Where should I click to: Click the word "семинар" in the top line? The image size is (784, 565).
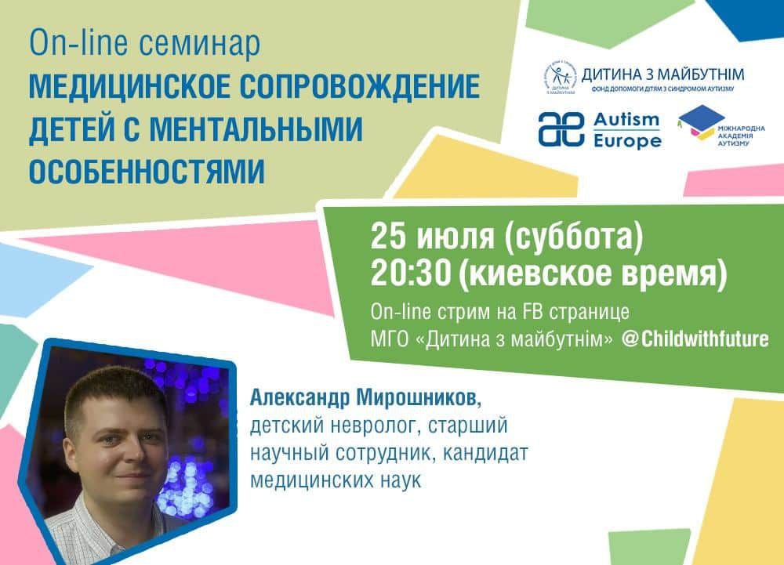coord(199,43)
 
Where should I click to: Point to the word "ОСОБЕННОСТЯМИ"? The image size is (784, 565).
coord(147,172)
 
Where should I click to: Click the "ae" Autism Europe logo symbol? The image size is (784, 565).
coord(561,129)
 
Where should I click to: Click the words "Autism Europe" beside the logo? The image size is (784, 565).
coord(627,130)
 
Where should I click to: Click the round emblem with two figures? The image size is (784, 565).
coord(560,78)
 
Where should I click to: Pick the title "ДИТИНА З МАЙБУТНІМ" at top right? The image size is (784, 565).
coord(662,75)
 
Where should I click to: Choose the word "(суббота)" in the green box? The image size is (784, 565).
coord(573,237)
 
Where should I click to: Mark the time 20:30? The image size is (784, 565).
coord(411,273)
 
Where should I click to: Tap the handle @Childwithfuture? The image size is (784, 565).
coord(695,339)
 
